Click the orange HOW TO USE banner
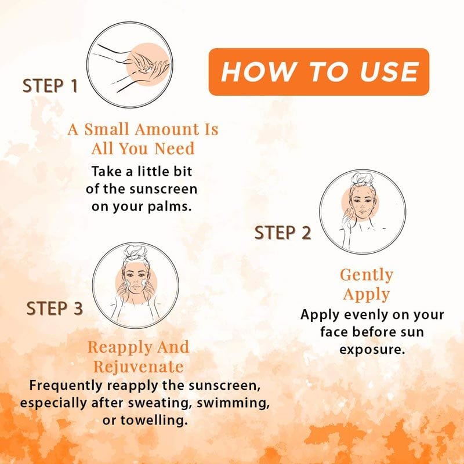pos(318,72)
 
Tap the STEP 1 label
pos(50,86)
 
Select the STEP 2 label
pos(282,233)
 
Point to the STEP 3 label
pos(55,309)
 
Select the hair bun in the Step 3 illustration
pos(135,252)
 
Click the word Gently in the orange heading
pos(367,275)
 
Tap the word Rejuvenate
pos(138,367)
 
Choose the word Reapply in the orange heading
pos(119,347)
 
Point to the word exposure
pos(372,350)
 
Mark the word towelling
pos(154,420)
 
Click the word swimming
pos(233,403)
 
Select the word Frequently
pos(66,386)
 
